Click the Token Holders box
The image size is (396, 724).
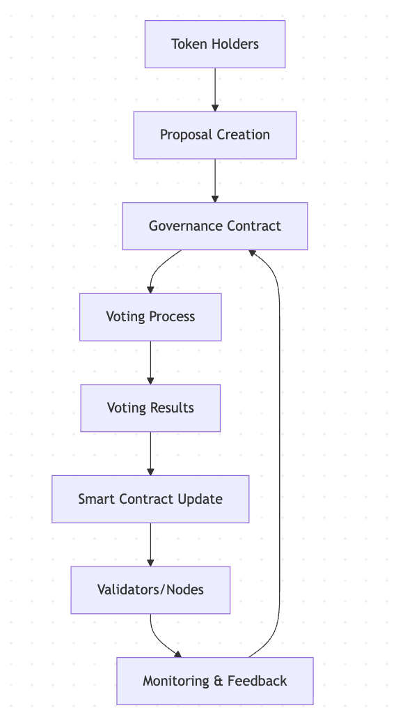point(215,45)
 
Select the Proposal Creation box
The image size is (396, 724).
point(215,134)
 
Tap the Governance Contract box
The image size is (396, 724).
point(215,226)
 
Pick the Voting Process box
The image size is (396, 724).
point(150,317)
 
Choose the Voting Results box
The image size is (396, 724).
point(150,408)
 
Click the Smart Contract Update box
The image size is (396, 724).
point(150,499)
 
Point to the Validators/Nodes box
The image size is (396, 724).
point(150,590)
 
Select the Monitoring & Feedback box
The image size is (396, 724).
point(215,681)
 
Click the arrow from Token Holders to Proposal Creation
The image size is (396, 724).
point(215,90)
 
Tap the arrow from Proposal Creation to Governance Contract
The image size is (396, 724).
point(215,180)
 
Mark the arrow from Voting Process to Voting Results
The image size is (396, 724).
point(150,362)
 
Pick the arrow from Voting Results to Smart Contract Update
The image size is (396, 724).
point(150,454)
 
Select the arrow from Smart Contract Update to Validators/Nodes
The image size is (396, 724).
point(150,544)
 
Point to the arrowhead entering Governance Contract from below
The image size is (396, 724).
point(252,253)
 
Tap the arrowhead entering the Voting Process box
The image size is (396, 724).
point(150,290)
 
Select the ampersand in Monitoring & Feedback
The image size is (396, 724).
point(218,681)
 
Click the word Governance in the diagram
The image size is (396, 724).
point(182,226)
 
